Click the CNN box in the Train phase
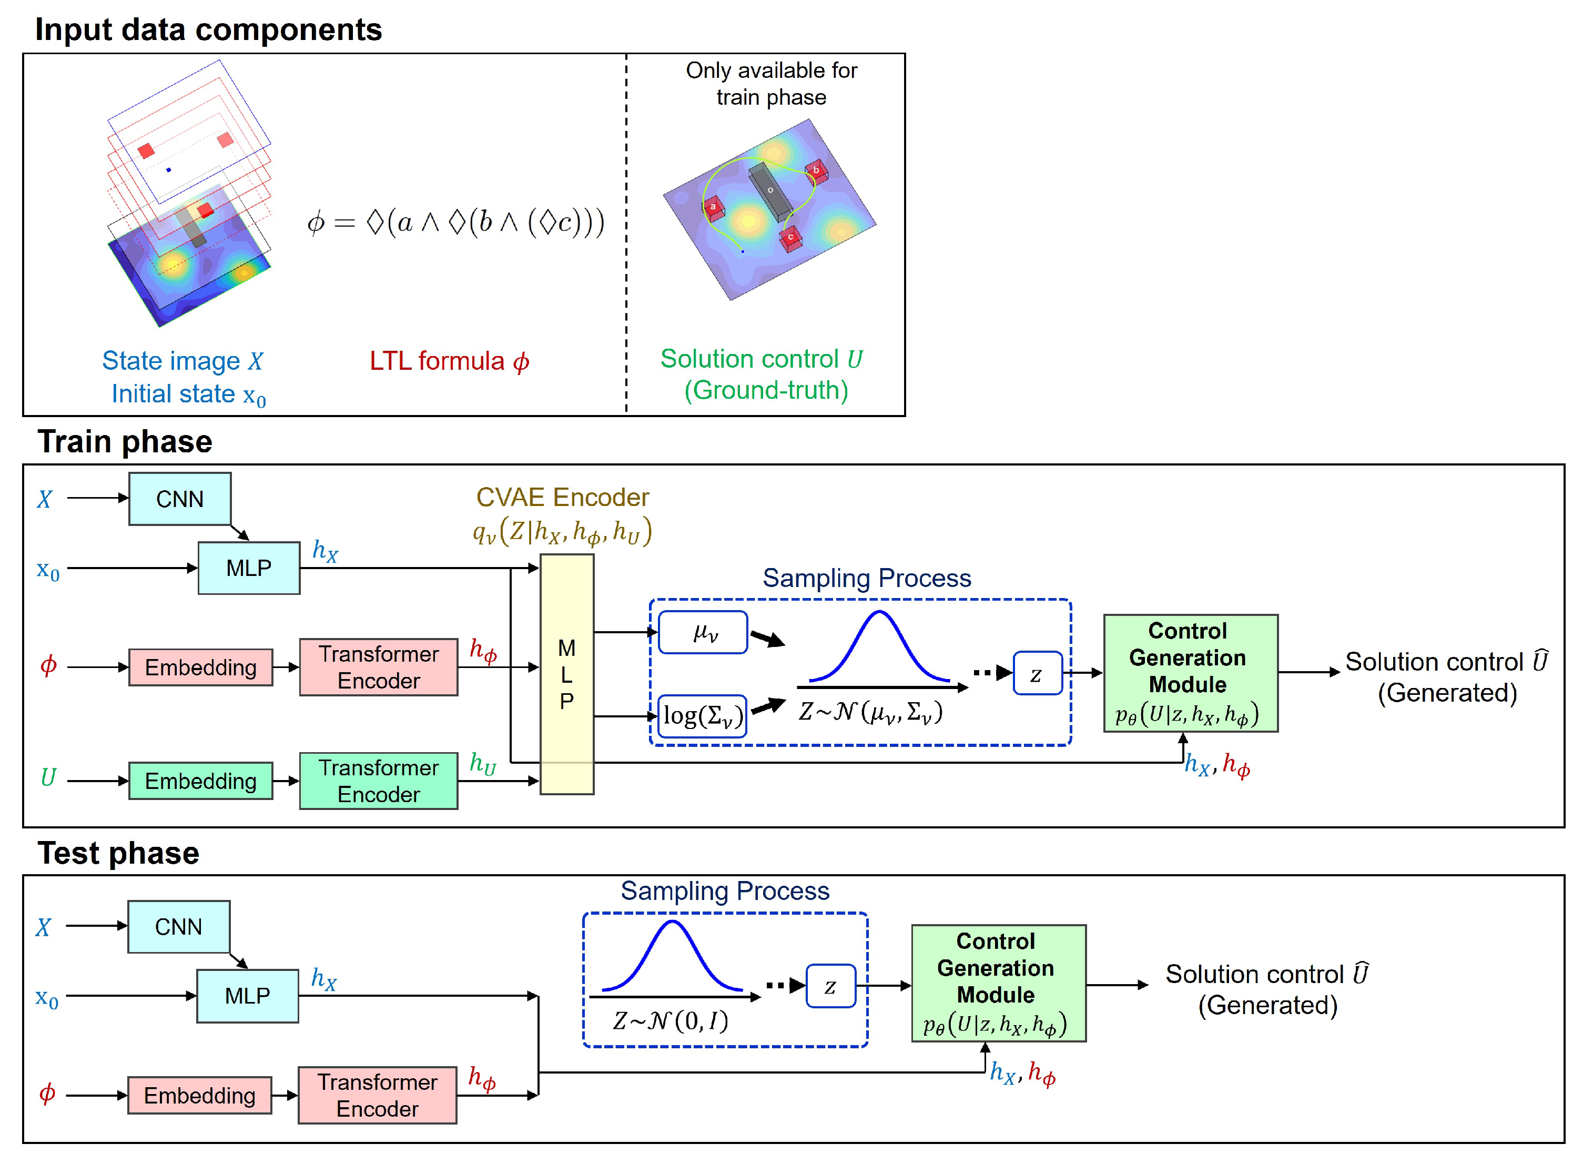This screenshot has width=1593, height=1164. pyautogui.click(x=180, y=499)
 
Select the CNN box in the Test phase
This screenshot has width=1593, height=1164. pyautogui.click(x=178, y=927)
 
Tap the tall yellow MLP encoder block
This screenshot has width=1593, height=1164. pyautogui.click(x=566, y=674)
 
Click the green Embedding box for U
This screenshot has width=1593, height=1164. pyautogui.click(x=201, y=781)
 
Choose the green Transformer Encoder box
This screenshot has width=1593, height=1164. pyautogui.click(x=378, y=781)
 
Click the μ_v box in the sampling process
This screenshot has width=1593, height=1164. pyautogui.click(x=703, y=633)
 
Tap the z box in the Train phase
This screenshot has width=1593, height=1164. pyautogui.click(x=1037, y=674)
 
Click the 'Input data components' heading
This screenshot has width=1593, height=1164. pyautogui.click(x=209, y=29)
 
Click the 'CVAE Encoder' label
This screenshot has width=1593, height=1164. pyautogui.click(x=562, y=498)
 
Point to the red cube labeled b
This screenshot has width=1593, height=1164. pyautogui.click(x=816, y=170)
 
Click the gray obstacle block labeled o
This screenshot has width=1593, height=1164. pyautogui.click(x=771, y=191)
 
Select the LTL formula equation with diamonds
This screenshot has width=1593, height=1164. pyautogui.click(x=456, y=222)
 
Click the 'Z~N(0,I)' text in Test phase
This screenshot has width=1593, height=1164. pyautogui.click(x=670, y=1020)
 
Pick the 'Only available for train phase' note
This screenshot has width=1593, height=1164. pyautogui.click(x=771, y=84)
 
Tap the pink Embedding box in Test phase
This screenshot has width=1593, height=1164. pyautogui.click(x=199, y=1095)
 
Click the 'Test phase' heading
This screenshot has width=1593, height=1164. pyautogui.click(x=118, y=853)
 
